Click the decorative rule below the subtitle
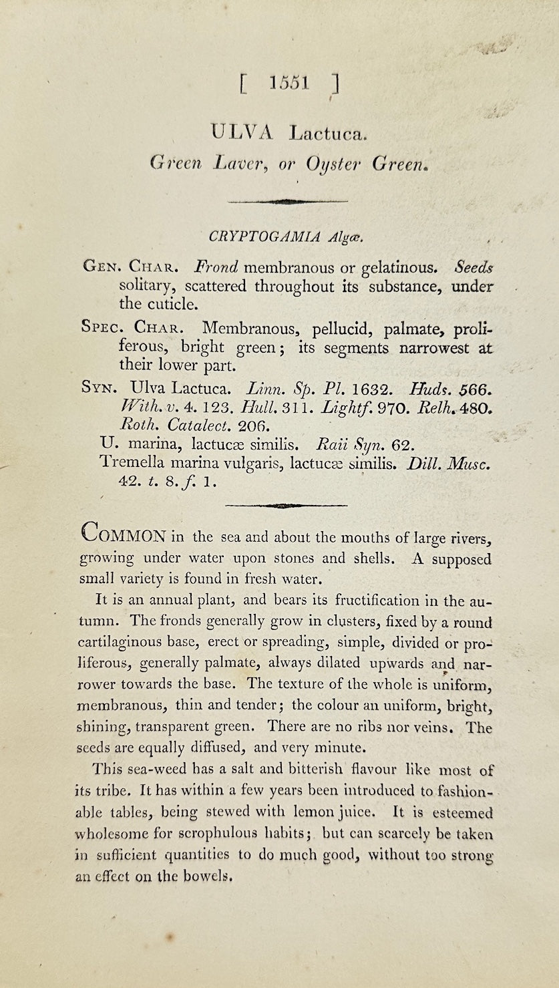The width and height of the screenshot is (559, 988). (287, 201)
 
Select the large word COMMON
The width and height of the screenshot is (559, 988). (124, 536)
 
